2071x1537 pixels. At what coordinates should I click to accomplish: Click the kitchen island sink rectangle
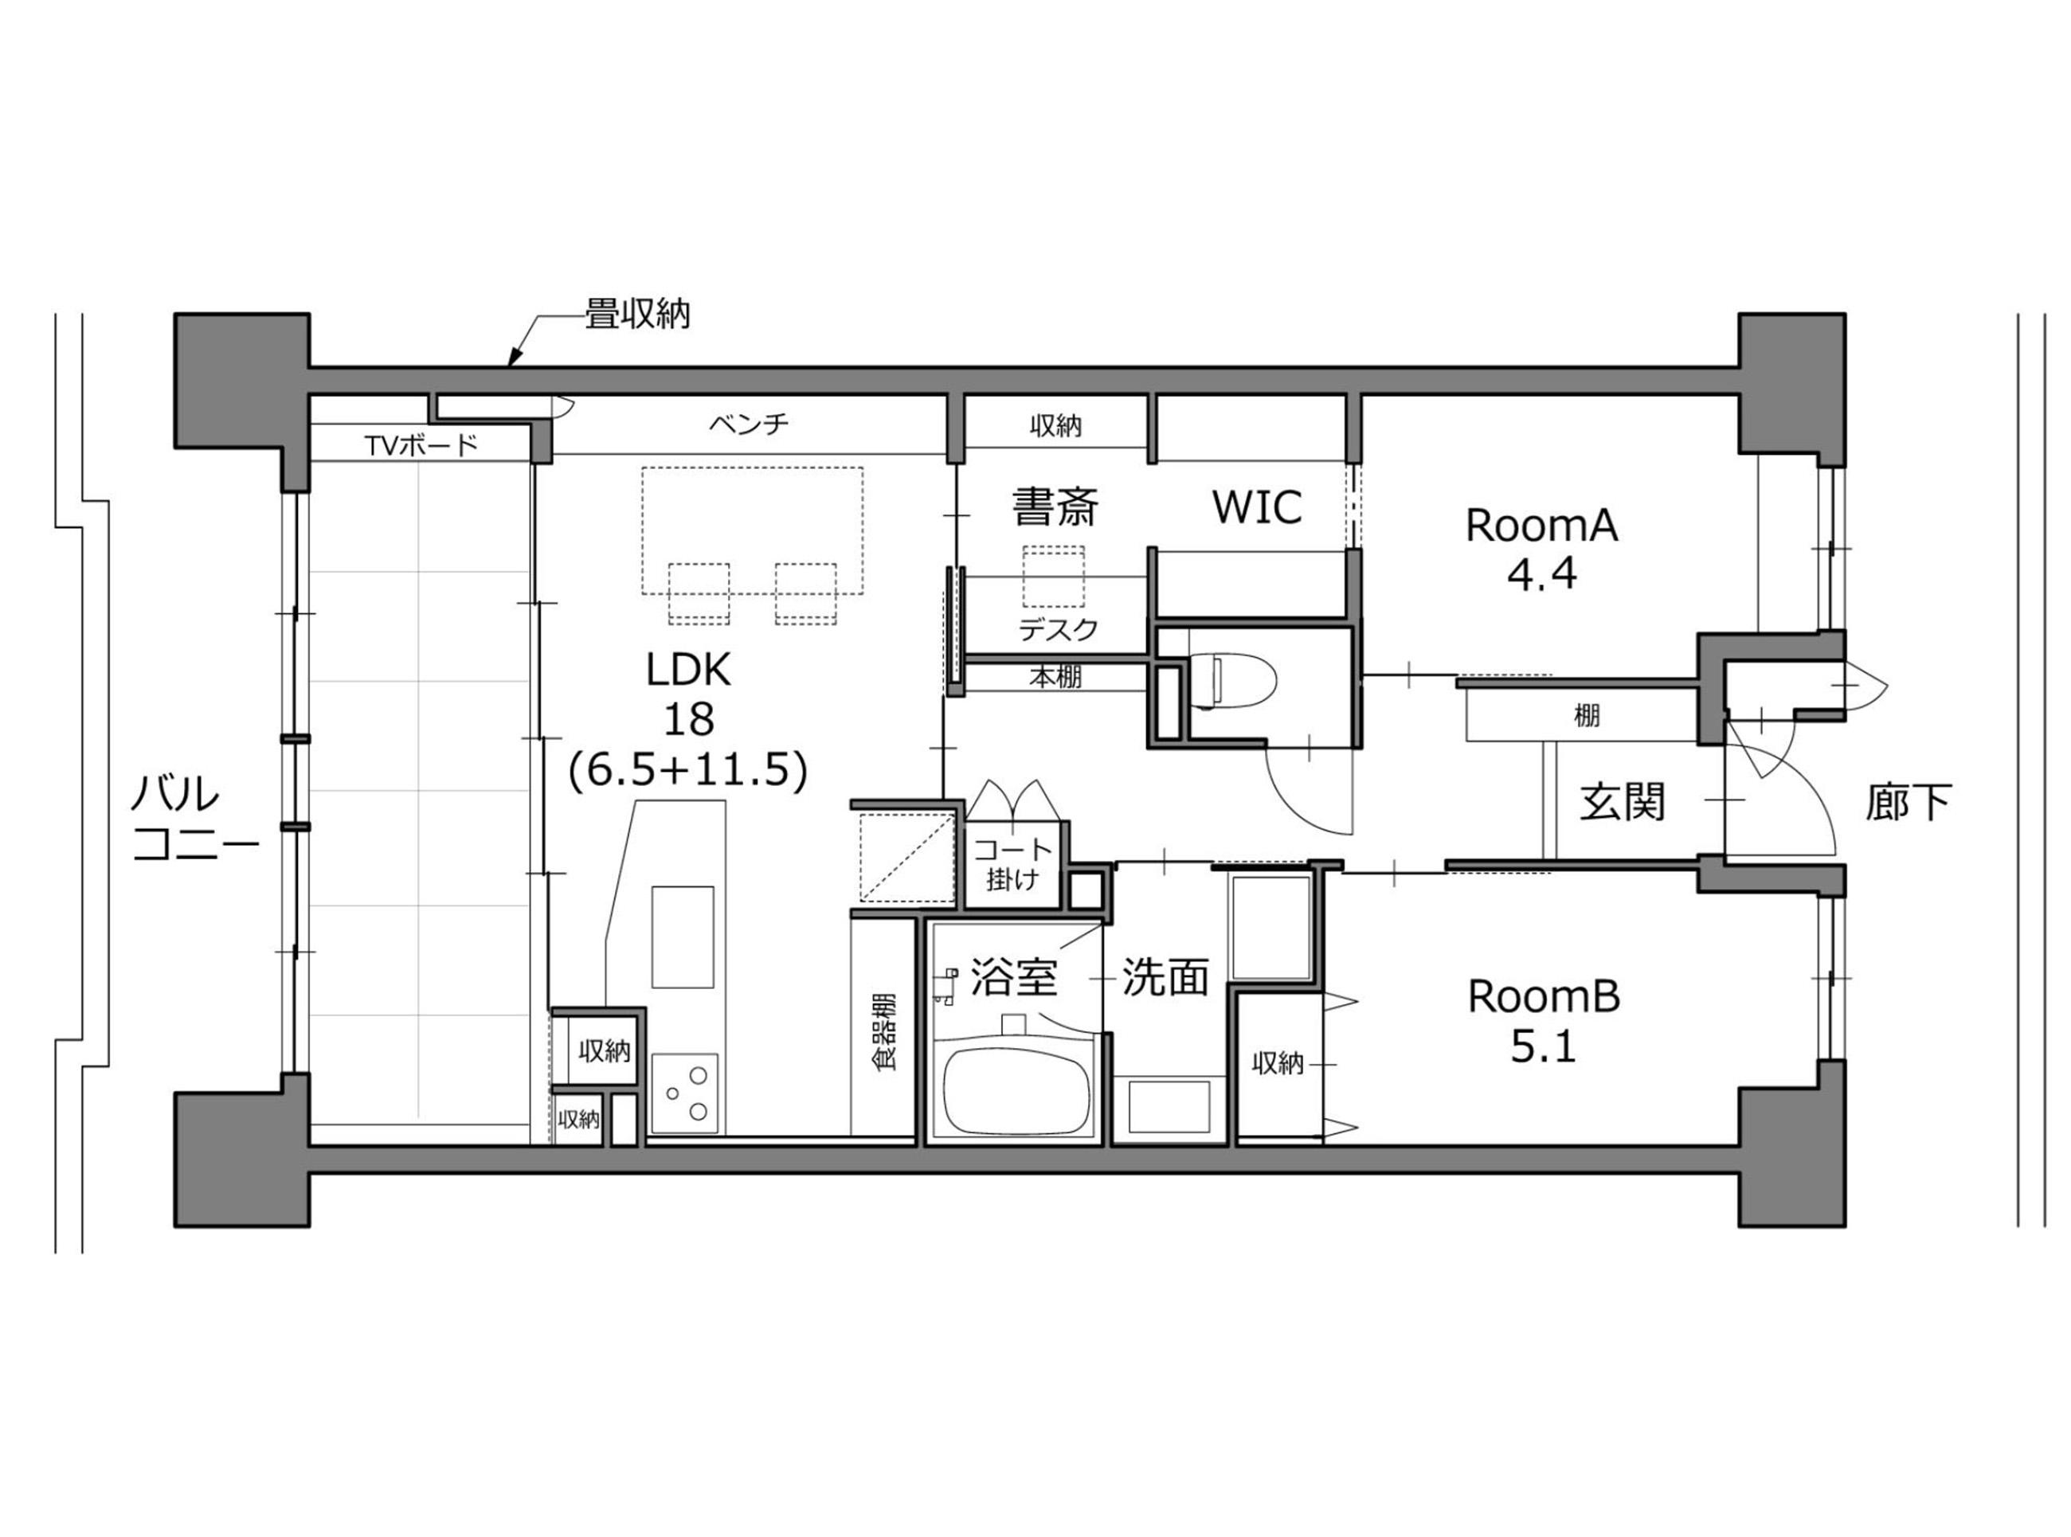tap(683, 937)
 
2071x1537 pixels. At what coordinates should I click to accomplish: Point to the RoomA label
tap(1541, 526)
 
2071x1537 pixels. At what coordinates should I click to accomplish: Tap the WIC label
tap(1256, 507)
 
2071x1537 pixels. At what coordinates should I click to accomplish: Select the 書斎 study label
tap(1055, 507)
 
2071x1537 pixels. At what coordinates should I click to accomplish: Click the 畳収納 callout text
tap(636, 315)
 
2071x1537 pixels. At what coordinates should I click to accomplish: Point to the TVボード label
tap(421, 446)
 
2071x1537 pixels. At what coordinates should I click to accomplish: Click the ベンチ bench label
tap(749, 424)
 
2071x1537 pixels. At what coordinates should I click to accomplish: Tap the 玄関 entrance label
tap(1622, 801)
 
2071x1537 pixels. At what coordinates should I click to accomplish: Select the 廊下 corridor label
tap(1907, 801)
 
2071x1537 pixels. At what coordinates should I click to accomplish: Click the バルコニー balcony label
tap(194, 819)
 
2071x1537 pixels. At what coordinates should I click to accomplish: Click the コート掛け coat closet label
tap(1012, 863)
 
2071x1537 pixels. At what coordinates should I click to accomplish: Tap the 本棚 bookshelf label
tap(1055, 678)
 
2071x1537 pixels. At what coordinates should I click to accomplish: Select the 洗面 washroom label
tap(1164, 977)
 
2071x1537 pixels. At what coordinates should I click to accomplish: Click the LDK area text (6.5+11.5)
tap(687, 769)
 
